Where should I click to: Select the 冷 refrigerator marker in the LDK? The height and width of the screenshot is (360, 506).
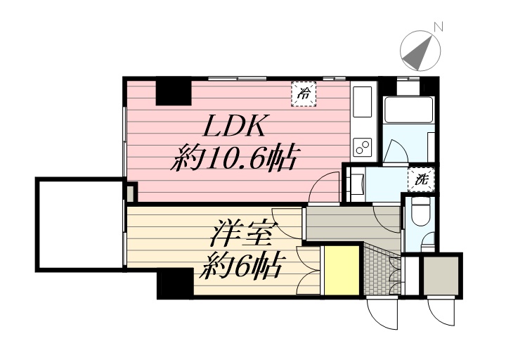tap(304, 93)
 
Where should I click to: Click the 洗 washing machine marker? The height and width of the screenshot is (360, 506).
tap(422, 179)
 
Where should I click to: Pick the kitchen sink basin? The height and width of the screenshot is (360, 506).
tap(363, 102)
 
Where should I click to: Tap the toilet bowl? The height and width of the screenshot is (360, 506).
tap(421, 210)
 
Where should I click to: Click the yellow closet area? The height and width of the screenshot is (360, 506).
tap(342, 270)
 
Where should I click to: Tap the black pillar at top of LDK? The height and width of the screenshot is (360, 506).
tap(173, 92)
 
